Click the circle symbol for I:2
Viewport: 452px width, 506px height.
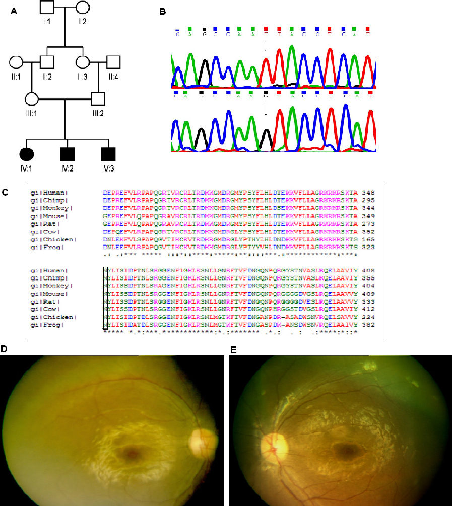[83, 8]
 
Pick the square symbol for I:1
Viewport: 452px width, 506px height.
[47, 8]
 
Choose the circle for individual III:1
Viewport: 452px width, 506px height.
[32, 99]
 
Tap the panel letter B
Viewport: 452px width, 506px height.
[162, 11]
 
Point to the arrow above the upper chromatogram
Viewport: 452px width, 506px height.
[265, 47]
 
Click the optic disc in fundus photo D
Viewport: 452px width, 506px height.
[200, 440]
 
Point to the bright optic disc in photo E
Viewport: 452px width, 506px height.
[275, 445]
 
